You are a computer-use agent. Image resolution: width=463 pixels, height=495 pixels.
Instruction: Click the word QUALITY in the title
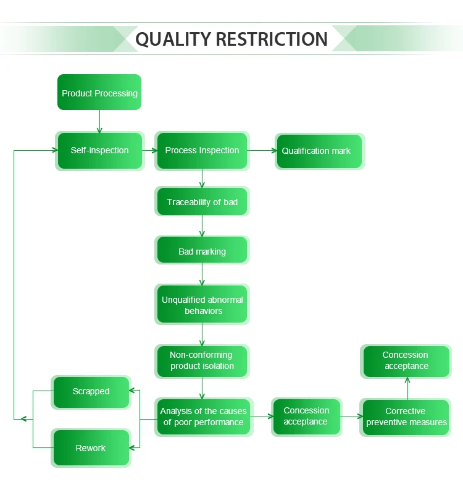pyautogui.click(x=173, y=39)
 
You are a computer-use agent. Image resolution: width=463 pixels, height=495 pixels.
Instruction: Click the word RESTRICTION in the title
pyautogui.click(x=271, y=39)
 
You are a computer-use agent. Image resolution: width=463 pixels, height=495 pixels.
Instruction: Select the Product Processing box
pyautogui.click(x=99, y=93)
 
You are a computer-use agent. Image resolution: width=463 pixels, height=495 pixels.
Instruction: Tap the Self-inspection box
pyautogui.click(x=100, y=150)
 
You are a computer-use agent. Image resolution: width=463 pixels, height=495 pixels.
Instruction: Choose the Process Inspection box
pyautogui.click(x=202, y=150)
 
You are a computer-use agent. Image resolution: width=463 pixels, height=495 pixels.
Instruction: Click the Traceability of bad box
pyautogui.click(x=202, y=202)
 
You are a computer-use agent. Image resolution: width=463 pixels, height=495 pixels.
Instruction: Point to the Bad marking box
pyautogui.click(x=202, y=251)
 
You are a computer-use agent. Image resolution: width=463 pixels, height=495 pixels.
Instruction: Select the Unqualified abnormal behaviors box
pyautogui.click(x=202, y=305)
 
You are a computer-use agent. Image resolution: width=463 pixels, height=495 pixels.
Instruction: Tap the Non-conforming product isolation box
pyautogui.click(x=202, y=361)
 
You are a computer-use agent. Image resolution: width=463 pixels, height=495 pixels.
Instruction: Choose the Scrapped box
pyautogui.click(x=91, y=392)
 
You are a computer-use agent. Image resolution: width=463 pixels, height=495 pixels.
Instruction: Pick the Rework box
pyautogui.click(x=91, y=448)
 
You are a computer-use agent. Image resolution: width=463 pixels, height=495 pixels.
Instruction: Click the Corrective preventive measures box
pyautogui.click(x=406, y=417)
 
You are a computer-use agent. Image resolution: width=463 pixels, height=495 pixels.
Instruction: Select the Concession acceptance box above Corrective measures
pyautogui.click(x=406, y=361)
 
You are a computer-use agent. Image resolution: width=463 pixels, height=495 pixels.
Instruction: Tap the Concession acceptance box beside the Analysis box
pyautogui.click(x=306, y=417)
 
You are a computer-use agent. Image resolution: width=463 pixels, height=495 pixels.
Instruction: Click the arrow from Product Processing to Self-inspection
pyautogui.click(x=99, y=121)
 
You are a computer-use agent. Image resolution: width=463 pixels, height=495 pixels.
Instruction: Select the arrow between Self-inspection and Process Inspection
pyautogui.click(x=149, y=150)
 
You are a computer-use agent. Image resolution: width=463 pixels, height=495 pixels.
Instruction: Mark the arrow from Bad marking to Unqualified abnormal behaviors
pyautogui.click(x=202, y=274)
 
